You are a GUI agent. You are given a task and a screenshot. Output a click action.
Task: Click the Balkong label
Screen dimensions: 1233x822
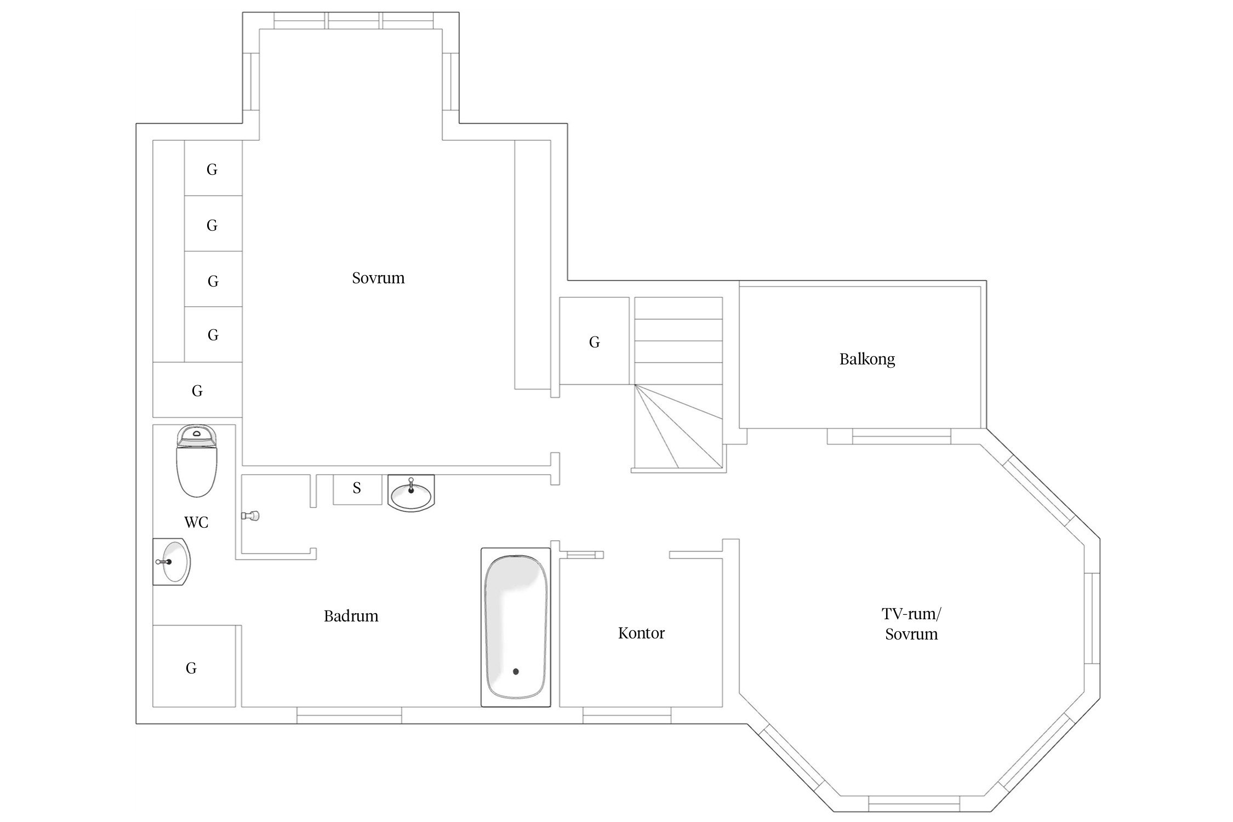pyautogui.click(x=867, y=359)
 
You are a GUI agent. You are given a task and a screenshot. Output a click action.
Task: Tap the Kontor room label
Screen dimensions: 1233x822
pyautogui.click(x=641, y=633)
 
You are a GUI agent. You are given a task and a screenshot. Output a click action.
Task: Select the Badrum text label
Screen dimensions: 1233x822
pyautogui.click(x=351, y=616)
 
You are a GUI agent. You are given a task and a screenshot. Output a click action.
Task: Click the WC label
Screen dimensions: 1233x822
pyautogui.click(x=196, y=523)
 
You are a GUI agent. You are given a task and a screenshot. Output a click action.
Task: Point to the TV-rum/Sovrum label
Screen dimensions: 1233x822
pyautogui.click(x=911, y=624)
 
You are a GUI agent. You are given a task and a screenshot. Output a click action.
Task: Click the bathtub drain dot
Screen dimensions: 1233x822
pyautogui.click(x=516, y=671)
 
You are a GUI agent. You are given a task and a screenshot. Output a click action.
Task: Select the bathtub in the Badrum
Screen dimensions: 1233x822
pyautogui.click(x=516, y=627)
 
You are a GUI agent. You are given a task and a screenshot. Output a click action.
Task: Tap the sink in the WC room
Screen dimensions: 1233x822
pyautogui.click(x=172, y=562)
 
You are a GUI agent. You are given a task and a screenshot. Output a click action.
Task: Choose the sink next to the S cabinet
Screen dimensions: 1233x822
pyautogui.click(x=411, y=493)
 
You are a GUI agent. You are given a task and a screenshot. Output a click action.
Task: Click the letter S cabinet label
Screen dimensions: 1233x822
pyautogui.click(x=357, y=488)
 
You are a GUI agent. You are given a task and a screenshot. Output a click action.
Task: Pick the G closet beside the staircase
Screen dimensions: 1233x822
pyautogui.click(x=594, y=341)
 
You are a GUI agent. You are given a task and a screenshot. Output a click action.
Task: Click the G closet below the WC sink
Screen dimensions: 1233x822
pyautogui.click(x=195, y=666)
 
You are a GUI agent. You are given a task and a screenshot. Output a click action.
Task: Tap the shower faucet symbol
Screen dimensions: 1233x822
pyautogui.click(x=250, y=516)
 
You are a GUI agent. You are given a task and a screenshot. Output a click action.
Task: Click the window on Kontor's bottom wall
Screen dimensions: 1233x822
pyautogui.click(x=626, y=715)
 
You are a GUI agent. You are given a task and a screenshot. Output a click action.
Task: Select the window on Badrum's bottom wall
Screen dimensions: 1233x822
pyautogui.click(x=349, y=715)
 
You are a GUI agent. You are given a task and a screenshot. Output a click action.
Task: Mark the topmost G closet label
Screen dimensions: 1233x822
pyautogui.click(x=212, y=170)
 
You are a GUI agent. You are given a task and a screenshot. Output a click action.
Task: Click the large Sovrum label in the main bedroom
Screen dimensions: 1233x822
pyautogui.click(x=378, y=278)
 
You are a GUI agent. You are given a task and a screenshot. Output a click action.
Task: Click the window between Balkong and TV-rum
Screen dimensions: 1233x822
pyautogui.click(x=901, y=436)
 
